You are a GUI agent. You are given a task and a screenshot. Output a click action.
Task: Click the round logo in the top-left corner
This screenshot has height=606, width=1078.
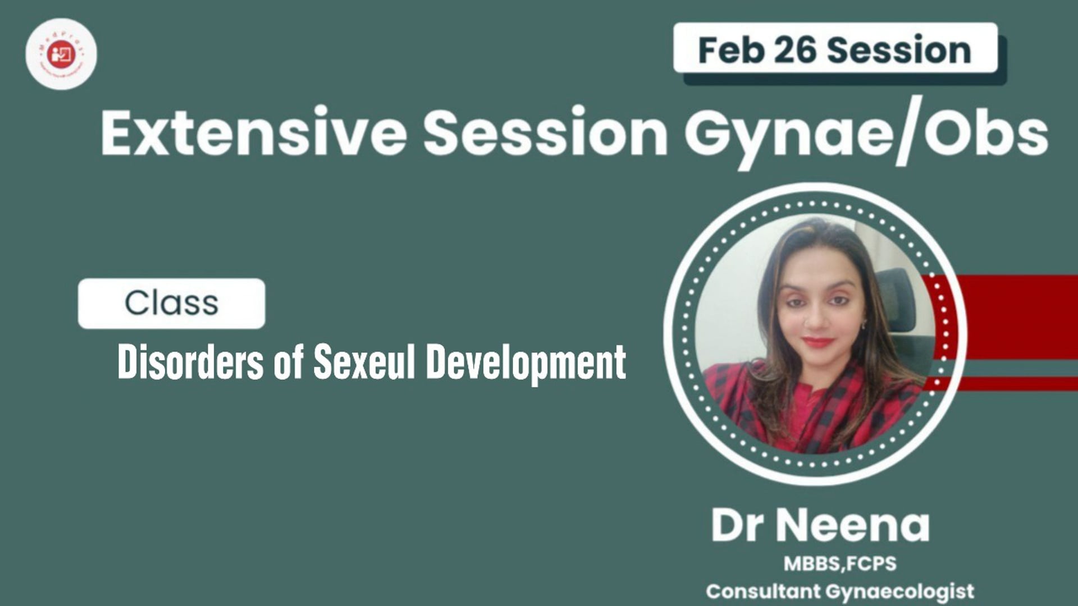(61, 54)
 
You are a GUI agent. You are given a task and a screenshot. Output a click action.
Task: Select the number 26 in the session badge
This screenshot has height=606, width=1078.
(795, 50)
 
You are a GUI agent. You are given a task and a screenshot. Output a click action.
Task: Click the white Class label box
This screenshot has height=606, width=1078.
(171, 304)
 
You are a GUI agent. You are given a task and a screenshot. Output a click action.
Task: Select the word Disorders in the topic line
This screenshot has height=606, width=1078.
(190, 362)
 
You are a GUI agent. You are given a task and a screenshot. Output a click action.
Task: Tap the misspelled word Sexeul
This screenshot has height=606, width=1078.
(364, 362)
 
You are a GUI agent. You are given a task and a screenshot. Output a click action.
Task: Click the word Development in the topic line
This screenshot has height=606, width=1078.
(526, 363)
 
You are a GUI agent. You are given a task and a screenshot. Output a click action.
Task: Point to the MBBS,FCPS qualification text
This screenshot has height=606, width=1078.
(840, 563)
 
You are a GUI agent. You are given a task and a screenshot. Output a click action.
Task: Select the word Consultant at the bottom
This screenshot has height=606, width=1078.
(763, 591)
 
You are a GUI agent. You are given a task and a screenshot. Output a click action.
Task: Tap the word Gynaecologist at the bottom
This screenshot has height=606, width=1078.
(900, 591)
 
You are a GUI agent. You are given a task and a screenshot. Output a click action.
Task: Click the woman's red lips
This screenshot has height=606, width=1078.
(818, 341)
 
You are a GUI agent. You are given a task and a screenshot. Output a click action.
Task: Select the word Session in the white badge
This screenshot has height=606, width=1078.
(899, 50)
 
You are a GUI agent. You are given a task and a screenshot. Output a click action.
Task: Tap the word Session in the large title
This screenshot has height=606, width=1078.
(545, 133)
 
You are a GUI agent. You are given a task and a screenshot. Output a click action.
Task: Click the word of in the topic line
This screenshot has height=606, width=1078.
(289, 362)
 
